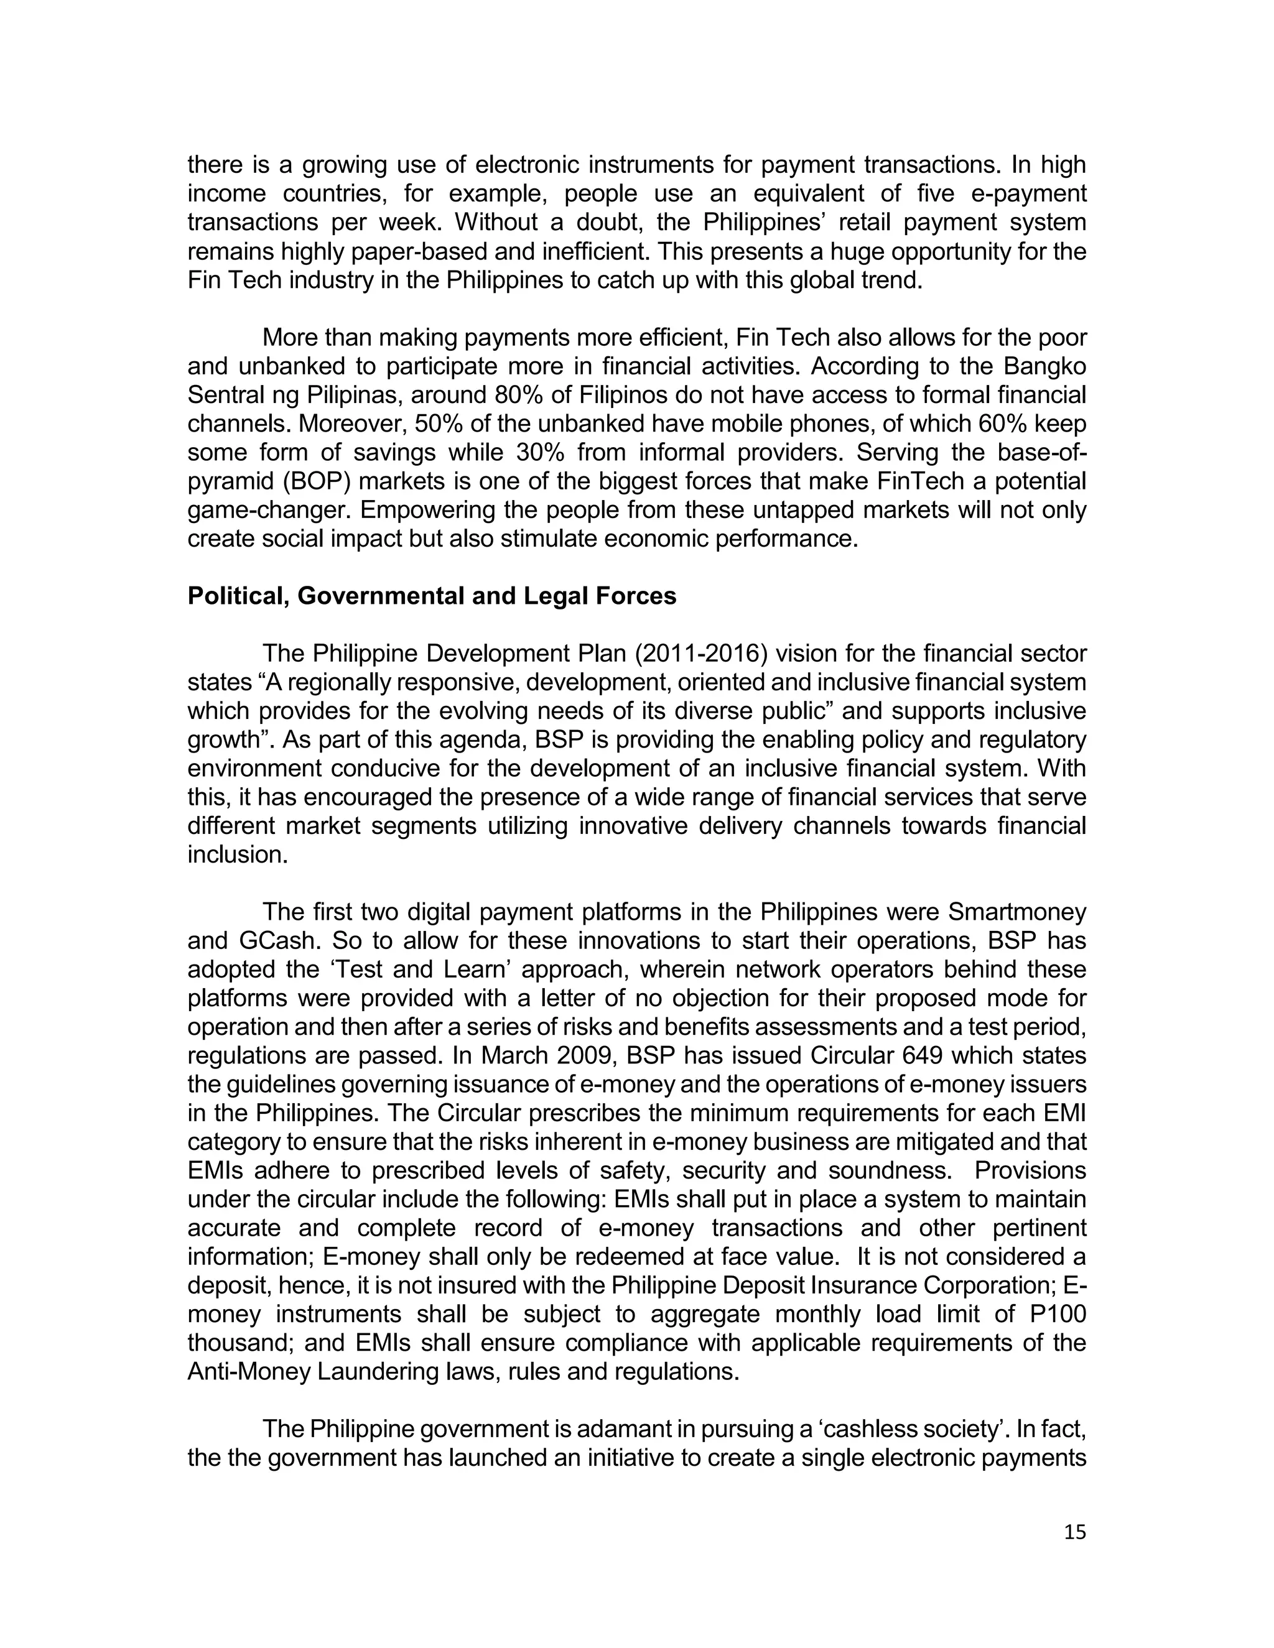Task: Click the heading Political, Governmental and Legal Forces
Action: [432, 596]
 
